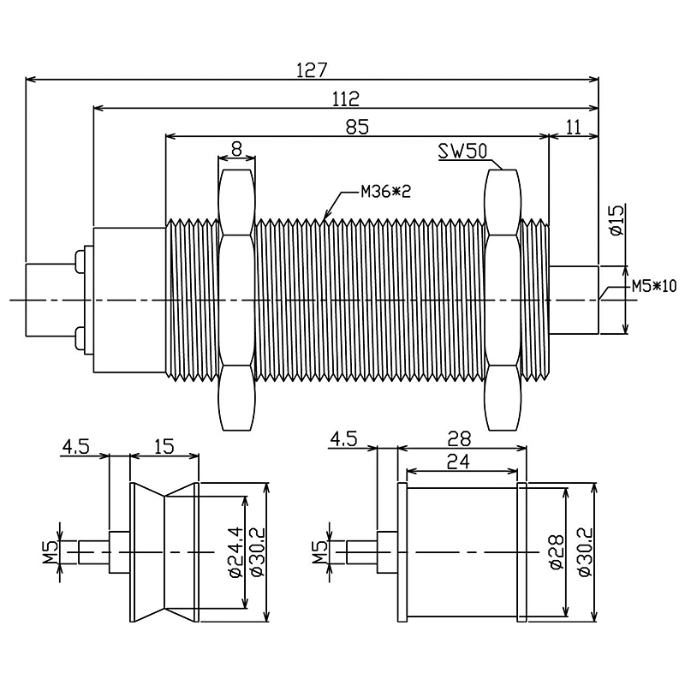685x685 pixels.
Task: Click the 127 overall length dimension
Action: click(312, 69)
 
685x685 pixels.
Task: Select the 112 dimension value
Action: click(346, 98)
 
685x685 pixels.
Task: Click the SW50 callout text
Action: click(462, 152)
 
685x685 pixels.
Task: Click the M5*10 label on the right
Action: click(653, 286)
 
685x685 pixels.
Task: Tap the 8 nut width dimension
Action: click(237, 147)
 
